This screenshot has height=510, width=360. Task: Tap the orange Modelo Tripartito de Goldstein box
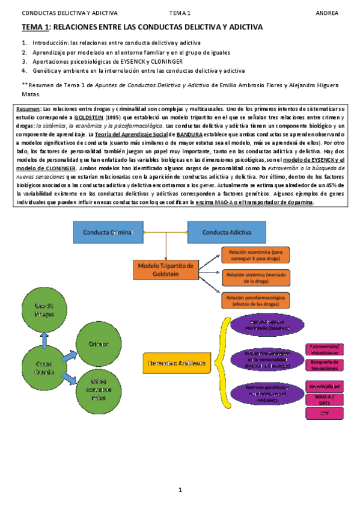point(165,269)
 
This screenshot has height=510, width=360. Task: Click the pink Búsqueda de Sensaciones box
point(325,364)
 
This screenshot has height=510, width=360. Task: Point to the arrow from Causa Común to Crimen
point(73,354)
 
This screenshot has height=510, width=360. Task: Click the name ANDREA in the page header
point(327,13)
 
